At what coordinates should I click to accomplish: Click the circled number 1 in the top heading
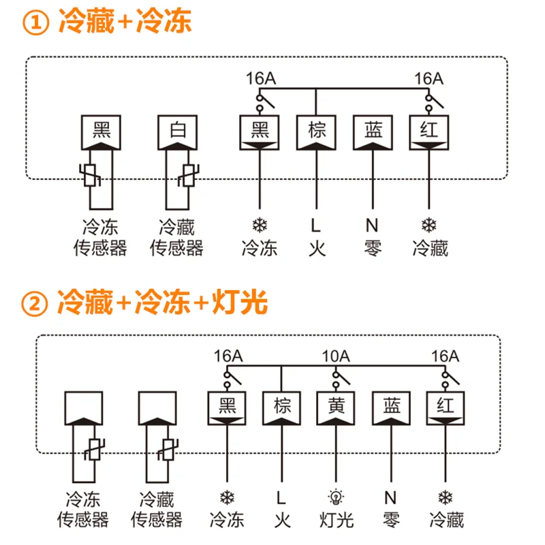coord(36,22)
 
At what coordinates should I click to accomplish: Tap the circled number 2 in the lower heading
coord(35,303)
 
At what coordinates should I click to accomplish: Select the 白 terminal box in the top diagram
coord(178,132)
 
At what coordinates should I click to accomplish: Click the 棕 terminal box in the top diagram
coord(316,132)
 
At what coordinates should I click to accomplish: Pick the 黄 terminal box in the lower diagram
coord(336,408)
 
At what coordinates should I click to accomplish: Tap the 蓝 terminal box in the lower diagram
coord(391,408)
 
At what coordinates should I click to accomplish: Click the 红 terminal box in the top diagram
coord(429,132)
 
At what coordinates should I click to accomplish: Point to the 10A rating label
coord(336,356)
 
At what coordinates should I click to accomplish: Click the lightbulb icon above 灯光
coord(336,497)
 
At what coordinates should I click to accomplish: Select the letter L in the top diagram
coord(315,225)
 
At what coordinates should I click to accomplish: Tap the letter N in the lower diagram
coord(390,498)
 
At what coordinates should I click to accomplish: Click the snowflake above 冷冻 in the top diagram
coord(260,225)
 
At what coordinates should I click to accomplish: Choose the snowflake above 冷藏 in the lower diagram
coord(446,497)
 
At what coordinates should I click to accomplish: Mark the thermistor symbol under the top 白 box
coord(189,176)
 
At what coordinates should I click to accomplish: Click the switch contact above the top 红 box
coord(434,102)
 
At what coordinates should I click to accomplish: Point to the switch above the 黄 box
coord(341,379)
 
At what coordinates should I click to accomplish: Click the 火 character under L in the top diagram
coord(317,248)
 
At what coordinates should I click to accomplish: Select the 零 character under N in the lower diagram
coord(391,520)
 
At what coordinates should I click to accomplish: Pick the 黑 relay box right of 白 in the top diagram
coord(260,132)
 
